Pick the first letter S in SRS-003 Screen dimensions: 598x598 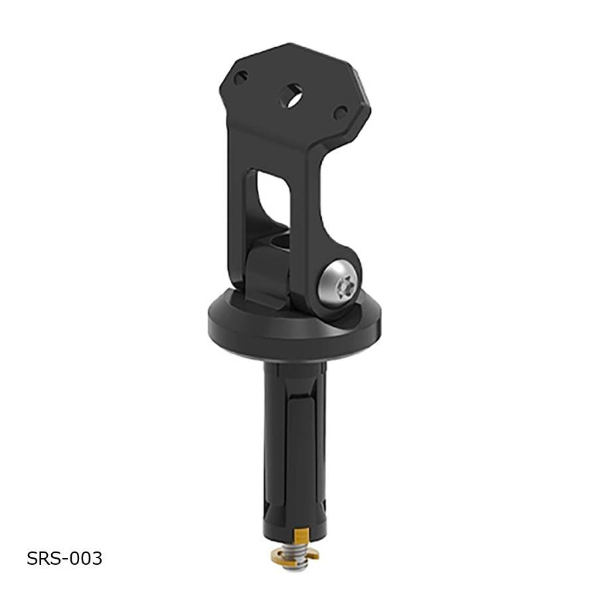(33, 558)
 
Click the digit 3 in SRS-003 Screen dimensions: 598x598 (96, 558)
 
